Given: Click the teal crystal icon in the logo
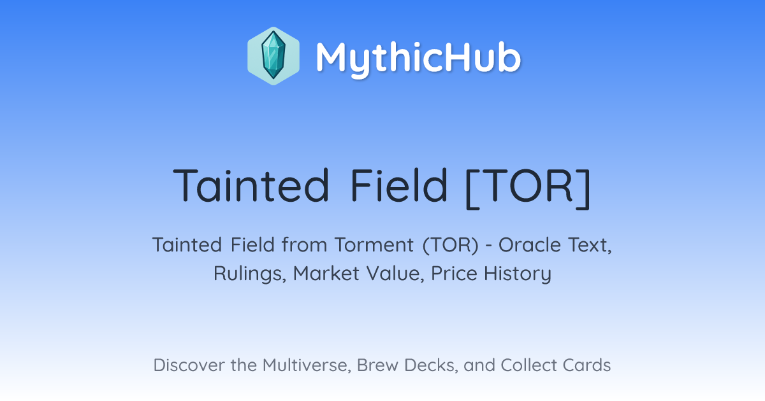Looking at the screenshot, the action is [x=273, y=55].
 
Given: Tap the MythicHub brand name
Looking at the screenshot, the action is [x=418, y=59].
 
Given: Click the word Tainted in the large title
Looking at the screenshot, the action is [x=251, y=185].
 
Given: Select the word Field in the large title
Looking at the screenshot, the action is [x=398, y=185].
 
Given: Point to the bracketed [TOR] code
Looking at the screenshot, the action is [x=528, y=188].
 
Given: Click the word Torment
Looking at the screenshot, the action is [x=374, y=245].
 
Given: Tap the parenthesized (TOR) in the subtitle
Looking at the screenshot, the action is [x=451, y=246].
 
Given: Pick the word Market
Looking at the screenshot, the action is [x=326, y=273].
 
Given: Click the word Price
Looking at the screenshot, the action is [x=454, y=273].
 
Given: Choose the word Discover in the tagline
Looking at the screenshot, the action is [x=189, y=365].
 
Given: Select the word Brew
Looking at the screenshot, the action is [x=377, y=365].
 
